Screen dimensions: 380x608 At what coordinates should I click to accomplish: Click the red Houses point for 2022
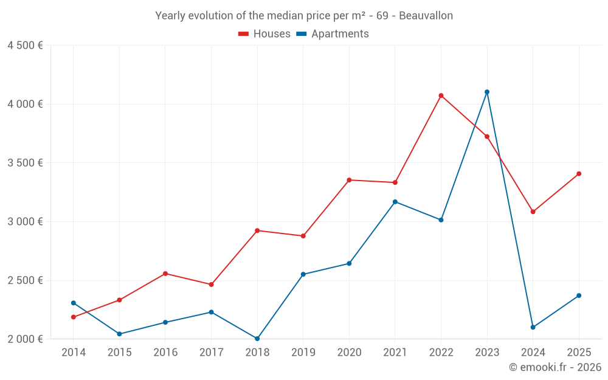[x=441, y=95]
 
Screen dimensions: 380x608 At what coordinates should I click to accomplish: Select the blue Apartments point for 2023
[x=487, y=92]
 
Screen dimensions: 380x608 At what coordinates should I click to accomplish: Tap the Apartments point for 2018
[x=257, y=339]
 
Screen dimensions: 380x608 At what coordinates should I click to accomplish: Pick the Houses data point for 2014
[x=74, y=317]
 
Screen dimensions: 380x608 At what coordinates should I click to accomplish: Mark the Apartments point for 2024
[x=533, y=327]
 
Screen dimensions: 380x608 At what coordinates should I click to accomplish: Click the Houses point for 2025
[x=579, y=174]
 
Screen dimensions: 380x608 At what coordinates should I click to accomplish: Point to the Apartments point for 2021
[x=395, y=202]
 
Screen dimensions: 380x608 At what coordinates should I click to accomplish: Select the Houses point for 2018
[x=257, y=230]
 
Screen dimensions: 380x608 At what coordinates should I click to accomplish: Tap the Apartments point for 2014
[x=74, y=303]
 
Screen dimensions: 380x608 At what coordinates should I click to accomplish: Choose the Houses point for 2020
[x=349, y=180]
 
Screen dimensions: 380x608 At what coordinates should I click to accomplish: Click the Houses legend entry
[x=264, y=34]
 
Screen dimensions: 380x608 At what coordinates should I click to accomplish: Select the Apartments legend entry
[x=333, y=34]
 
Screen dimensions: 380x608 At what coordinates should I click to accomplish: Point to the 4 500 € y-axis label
[x=25, y=46]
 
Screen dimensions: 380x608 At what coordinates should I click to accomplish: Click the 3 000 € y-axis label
[x=25, y=222]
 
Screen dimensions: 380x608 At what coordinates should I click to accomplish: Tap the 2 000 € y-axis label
[x=25, y=339]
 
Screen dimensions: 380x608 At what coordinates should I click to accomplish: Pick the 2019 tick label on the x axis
[x=303, y=353]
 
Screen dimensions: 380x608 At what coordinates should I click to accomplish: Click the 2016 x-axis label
[x=165, y=353]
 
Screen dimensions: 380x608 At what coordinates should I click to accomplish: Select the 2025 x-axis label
[x=579, y=353]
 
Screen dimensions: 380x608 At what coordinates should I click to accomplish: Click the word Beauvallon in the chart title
[x=426, y=16]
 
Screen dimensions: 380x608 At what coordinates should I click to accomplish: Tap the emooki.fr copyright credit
[x=555, y=367]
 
